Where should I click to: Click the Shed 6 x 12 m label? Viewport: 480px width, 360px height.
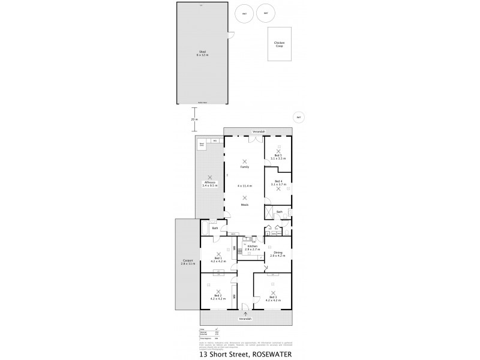[202, 53]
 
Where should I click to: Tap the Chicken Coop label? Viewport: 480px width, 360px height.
[279, 44]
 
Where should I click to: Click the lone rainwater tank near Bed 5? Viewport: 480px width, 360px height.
[298, 118]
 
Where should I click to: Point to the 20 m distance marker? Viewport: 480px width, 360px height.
[194, 119]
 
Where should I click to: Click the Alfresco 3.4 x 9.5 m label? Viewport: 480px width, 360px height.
[209, 184]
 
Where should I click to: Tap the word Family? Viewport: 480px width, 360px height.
[244, 167]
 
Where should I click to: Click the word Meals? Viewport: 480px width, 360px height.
[244, 204]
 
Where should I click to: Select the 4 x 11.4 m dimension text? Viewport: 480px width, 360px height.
[244, 185]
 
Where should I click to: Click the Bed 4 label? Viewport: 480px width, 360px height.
[278, 182]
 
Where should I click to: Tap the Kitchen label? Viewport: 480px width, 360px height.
[252, 247]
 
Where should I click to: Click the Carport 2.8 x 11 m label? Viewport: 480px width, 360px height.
[188, 262]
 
